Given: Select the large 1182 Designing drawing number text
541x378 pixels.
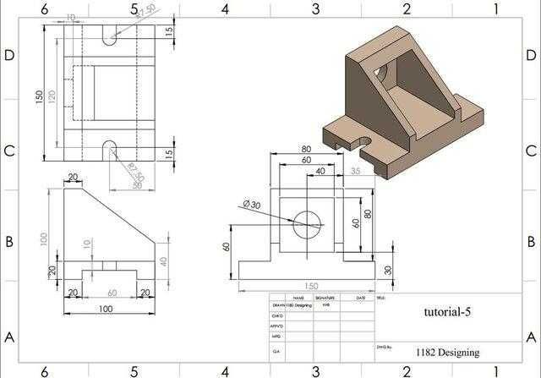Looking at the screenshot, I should [x=447, y=352].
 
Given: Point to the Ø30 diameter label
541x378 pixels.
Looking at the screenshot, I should [x=252, y=205].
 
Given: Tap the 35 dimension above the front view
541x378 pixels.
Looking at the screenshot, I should [x=354, y=171].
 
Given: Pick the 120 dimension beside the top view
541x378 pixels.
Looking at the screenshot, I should [x=52, y=97].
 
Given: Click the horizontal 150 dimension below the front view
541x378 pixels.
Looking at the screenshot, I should [x=312, y=286].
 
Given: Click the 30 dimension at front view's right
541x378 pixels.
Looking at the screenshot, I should [x=388, y=270].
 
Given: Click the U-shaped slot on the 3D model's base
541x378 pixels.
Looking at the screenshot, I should [x=364, y=143].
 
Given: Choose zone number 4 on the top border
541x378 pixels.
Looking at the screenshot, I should [x=225, y=9].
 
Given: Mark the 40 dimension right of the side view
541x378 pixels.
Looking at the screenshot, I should [x=164, y=260].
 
